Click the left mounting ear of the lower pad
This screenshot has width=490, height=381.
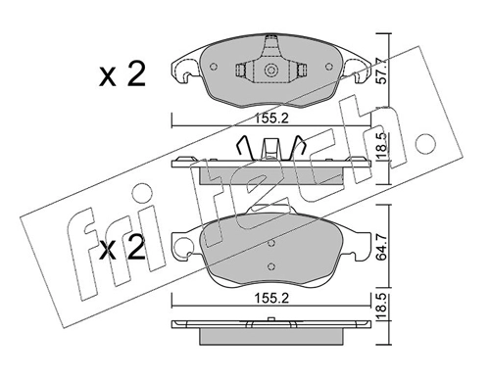point(182,248)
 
